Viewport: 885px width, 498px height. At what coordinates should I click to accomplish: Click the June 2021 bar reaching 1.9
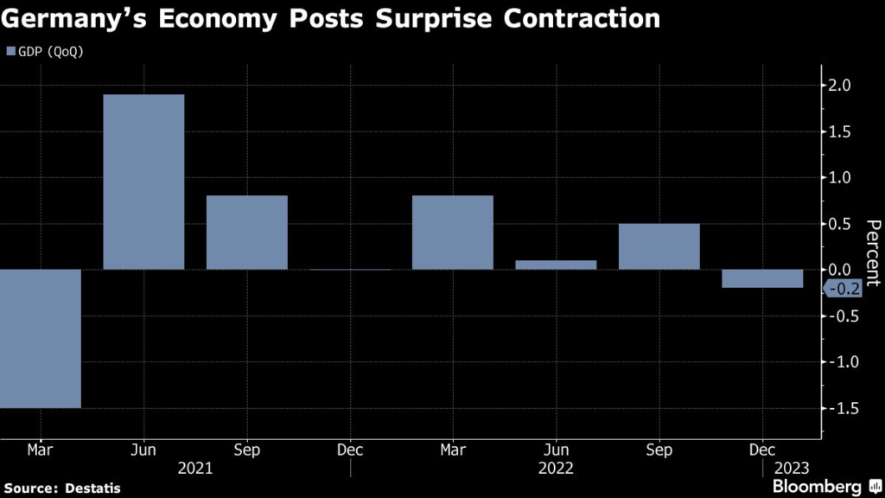pos(143,182)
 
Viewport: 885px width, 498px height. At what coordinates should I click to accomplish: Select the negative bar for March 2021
pos(40,338)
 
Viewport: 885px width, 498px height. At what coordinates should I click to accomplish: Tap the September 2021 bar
pos(246,233)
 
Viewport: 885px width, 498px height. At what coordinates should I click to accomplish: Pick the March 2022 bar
pos(453,233)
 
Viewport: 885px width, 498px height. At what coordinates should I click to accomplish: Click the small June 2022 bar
pos(556,265)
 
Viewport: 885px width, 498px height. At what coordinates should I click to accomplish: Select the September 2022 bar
pos(659,246)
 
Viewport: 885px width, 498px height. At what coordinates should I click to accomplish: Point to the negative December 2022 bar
pos(762,278)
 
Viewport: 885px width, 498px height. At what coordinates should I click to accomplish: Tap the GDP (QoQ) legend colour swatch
pos(11,52)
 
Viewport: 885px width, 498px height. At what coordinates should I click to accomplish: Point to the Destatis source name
pos(92,488)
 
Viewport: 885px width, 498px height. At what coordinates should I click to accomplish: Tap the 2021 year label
pos(195,468)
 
